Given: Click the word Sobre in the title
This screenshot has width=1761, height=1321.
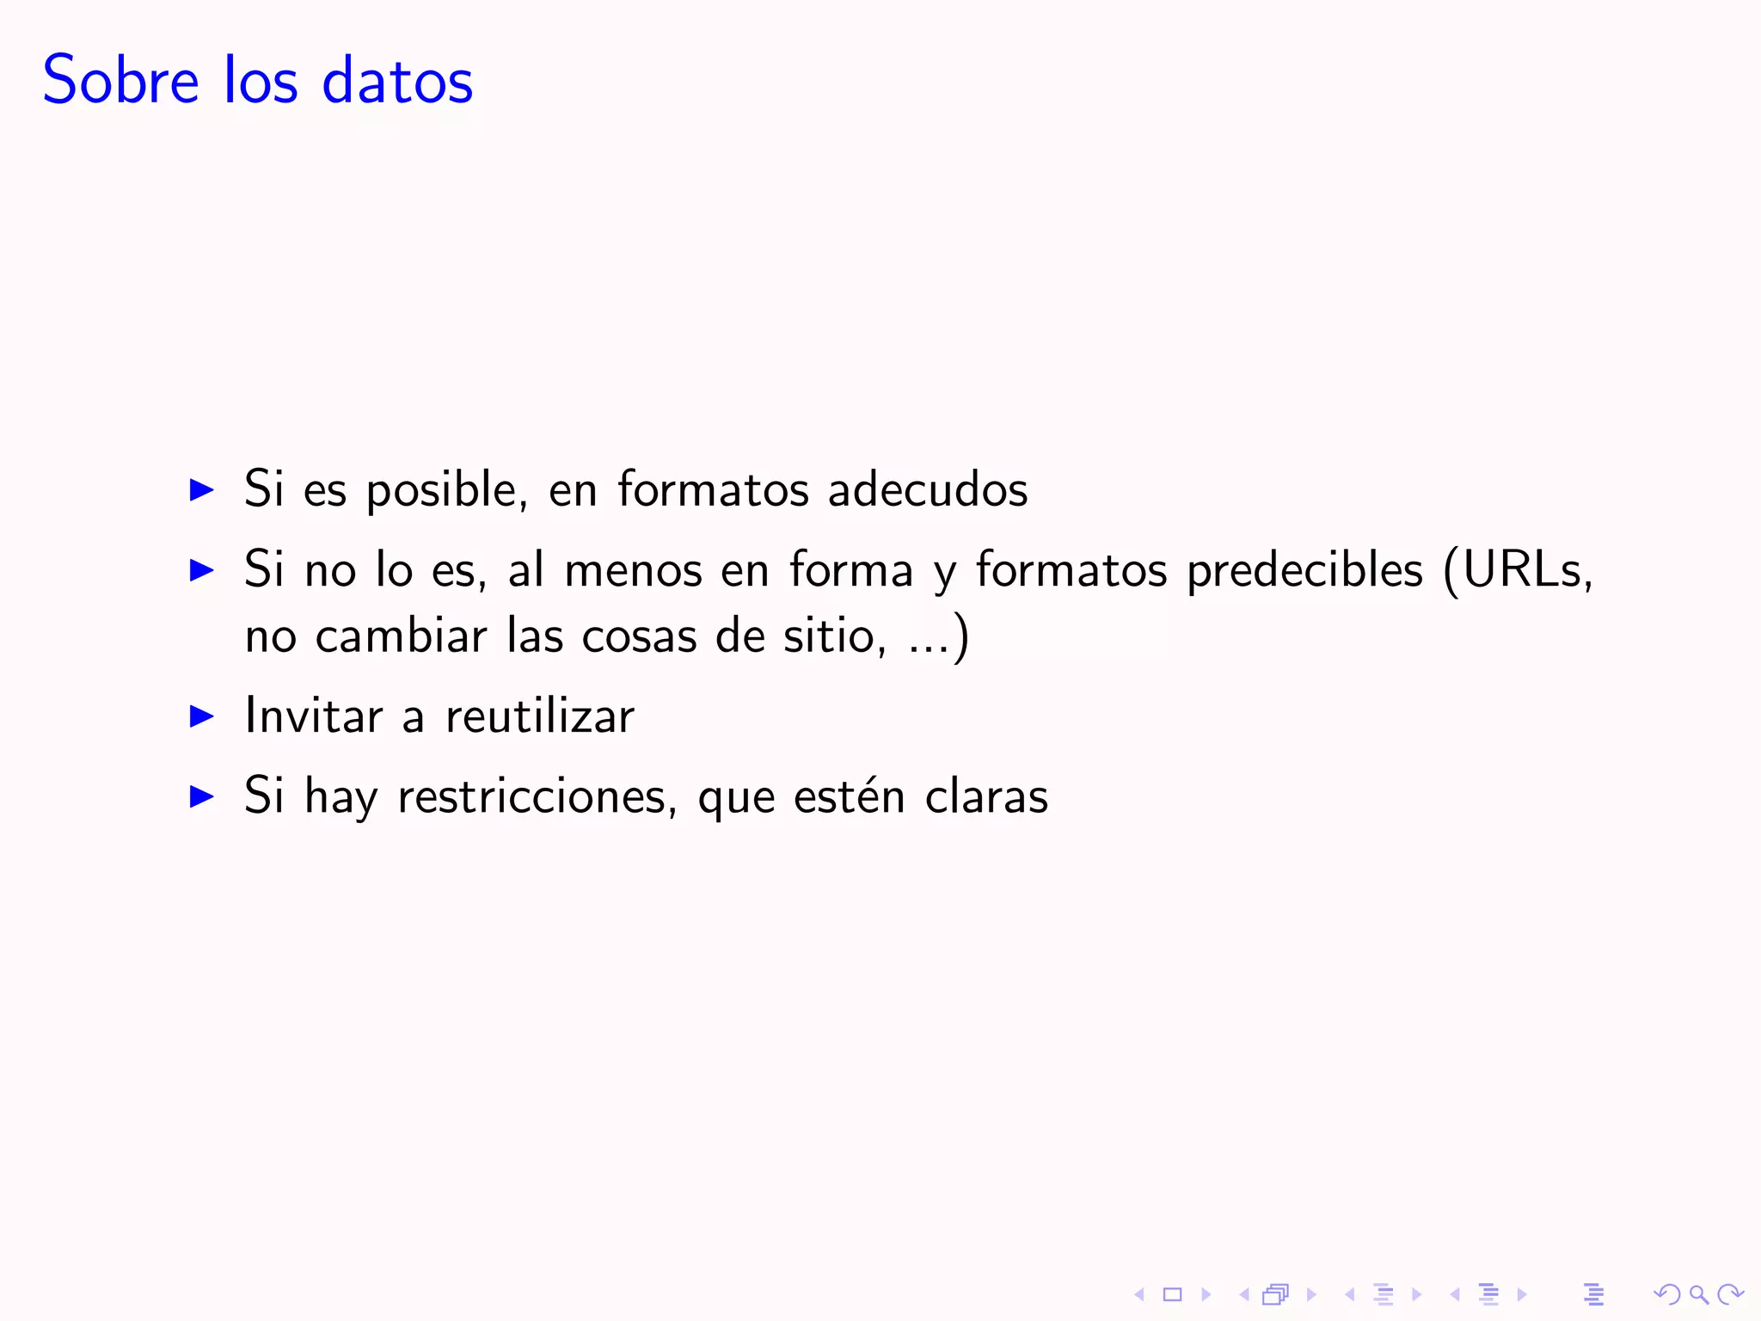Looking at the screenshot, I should tap(121, 80).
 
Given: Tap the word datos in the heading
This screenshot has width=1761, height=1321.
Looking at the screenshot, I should tap(397, 80).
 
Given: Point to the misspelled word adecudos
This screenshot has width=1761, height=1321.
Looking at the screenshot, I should tap(928, 489).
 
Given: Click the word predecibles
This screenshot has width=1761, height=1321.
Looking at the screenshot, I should tap(1304, 569).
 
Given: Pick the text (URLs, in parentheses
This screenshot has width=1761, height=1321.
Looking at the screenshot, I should tap(1518, 569).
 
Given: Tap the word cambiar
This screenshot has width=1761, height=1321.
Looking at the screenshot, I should tap(402, 636).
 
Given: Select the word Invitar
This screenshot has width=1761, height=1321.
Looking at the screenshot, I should tap(314, 716).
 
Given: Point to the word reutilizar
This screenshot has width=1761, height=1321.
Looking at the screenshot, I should tap(540, 716).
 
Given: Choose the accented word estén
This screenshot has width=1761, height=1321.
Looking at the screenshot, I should tap(850, 796).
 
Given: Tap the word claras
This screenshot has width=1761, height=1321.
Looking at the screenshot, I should tap(986, 796).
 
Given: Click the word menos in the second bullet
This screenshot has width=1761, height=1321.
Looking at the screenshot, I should tap(634, 571).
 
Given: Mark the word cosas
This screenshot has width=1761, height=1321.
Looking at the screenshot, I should tap(639, 637).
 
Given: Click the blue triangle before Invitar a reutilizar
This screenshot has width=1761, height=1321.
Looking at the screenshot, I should tap(201, 716).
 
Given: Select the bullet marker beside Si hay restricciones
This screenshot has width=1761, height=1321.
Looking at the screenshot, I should tap(201, 796).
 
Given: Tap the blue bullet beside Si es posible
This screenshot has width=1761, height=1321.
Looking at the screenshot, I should tap(201, 490).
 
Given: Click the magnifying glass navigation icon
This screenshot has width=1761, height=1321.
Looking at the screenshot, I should tap(1698, 1293).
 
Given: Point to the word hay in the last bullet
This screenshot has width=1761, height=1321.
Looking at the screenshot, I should tap(341, 797).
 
